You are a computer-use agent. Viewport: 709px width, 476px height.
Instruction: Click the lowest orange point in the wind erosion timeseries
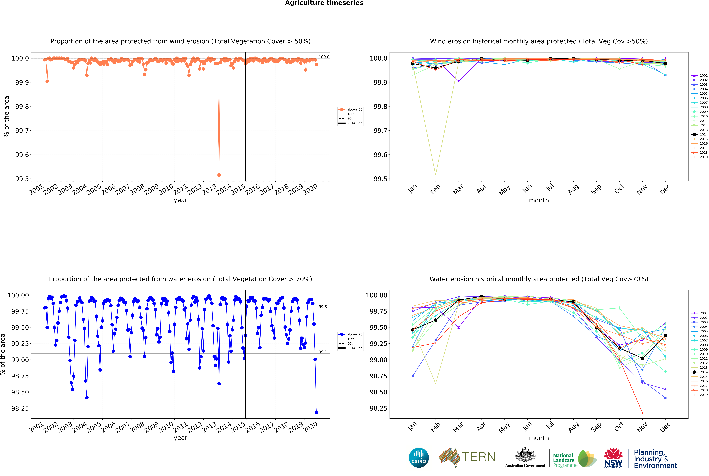point(219,175)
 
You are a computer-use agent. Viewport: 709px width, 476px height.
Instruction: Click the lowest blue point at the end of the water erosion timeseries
point(316,413)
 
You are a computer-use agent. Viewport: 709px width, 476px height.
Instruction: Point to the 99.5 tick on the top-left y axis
point(22,179)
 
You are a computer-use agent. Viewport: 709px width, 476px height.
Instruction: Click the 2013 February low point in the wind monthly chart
point(436,175)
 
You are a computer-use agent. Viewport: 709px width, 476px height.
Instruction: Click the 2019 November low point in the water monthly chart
point(642,413)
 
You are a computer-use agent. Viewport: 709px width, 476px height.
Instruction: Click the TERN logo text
point(478,457)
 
